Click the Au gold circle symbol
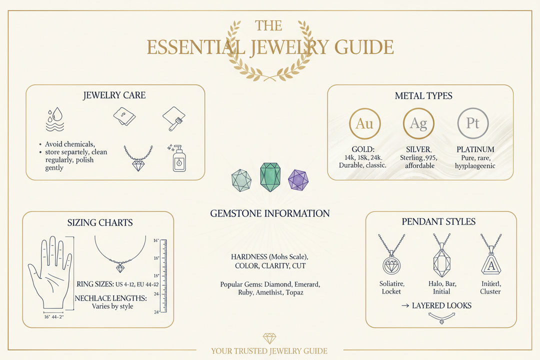(364, 123)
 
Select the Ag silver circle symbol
(418, 123)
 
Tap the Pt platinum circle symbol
(473, 123)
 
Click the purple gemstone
(298, 179)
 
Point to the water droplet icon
(51, 119)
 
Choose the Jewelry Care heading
(114, 95)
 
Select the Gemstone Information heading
(270, 213)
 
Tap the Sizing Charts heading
(100, 222)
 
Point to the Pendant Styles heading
(438, 221)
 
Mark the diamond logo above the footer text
(269, 338)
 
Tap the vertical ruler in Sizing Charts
(163, 276)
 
